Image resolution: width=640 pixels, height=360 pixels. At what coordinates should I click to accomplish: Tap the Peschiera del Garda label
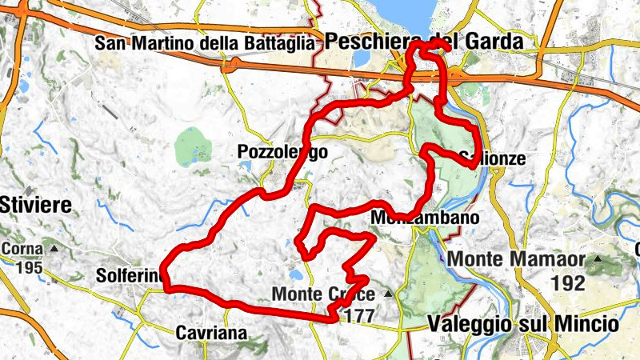pos(422,41)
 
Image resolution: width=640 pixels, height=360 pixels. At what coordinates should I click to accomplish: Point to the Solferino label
pos(130,275)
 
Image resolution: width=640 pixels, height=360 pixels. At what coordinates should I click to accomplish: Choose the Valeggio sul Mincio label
pos(522,324)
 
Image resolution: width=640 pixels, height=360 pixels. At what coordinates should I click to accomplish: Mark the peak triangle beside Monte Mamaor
pos(597,259)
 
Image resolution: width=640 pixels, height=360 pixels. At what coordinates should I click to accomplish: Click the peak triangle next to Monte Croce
pos(389,294)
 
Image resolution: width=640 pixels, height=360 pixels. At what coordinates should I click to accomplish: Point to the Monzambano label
pos(425,218)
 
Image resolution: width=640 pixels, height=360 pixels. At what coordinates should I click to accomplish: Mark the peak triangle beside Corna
pos(54,249)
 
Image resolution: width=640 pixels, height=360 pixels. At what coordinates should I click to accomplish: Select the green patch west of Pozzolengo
pos(192,146)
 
